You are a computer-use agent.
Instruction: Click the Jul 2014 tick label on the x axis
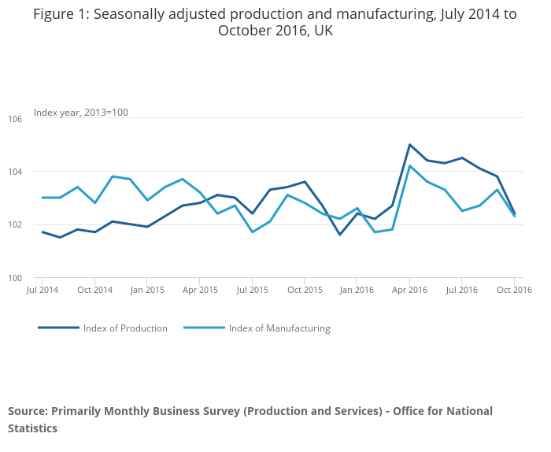pos(43,290)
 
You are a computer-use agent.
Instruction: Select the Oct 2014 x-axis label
pos(95,290)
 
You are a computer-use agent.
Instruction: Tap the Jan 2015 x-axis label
pos(147,290)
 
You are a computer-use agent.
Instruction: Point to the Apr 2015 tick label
pos(200,290)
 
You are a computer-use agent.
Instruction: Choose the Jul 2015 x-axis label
pos(252,290)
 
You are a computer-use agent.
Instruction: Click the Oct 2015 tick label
pos(305,290)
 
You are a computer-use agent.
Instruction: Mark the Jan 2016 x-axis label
pos(357,290)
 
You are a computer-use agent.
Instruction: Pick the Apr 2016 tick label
pos(409,290)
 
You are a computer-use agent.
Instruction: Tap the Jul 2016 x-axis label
pos(462,290)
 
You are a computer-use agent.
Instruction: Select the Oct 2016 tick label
pos(515,290)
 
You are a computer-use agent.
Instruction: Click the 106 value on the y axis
pos(16,118)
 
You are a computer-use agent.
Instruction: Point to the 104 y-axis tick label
pos(16,172)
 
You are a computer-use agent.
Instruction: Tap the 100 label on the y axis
pos(16,278)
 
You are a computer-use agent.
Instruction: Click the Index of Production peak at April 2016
pos(410,145)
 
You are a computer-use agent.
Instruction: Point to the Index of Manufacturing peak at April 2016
pos(410,165)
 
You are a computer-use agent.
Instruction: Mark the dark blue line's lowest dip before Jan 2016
pos(340,234)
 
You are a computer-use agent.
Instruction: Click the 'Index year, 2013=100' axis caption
pos(81,113)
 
